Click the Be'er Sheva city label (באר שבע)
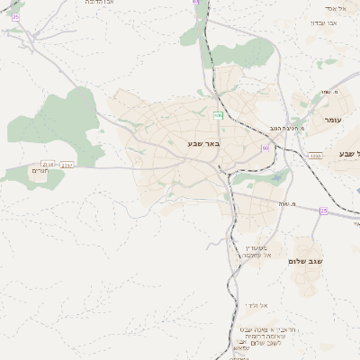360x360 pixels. [x=203, y=144]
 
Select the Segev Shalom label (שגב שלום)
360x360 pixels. [x=305, y=261]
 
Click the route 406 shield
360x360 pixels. [x=218, y=115]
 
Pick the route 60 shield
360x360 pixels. [x=265, y=148]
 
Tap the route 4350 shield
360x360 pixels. [x=315, y=156]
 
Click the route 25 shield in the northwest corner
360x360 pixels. [x=15, y=16]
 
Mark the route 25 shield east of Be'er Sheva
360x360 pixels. [x=323, y=211]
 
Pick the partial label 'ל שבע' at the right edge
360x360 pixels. [x=348, y=154]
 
